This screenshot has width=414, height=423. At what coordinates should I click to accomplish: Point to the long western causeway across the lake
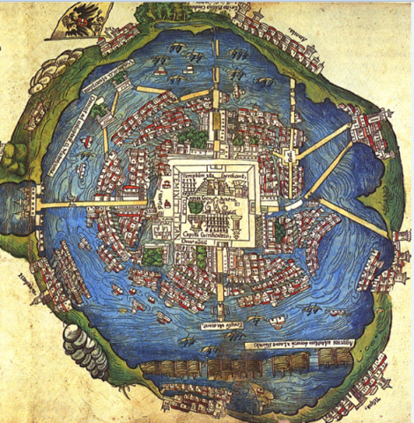(97, 203)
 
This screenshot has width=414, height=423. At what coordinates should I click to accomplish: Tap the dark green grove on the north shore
(159, 13)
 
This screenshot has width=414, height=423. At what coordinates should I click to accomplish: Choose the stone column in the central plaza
(167, 203)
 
